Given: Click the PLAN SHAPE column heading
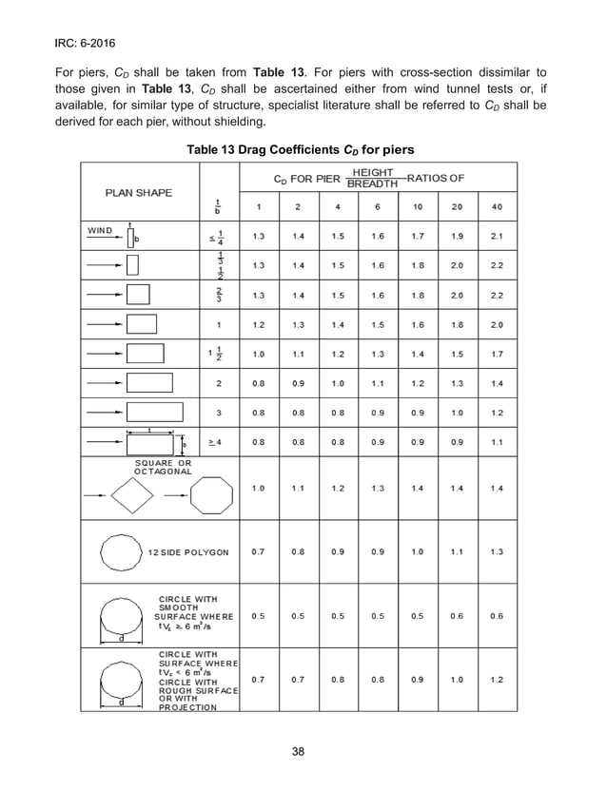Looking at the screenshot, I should (139, 193).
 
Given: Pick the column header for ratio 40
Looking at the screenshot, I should (497, 206).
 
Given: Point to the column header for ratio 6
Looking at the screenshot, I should (378, 206).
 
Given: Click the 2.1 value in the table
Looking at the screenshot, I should (497, 235).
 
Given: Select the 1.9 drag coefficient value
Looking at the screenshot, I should (457, 235).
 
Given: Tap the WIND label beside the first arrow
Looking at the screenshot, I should (100, 230).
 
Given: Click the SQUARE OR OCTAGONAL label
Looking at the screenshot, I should (162, 467).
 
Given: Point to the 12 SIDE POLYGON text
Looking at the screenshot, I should (188, 552).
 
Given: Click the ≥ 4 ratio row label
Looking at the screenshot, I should (219, 442).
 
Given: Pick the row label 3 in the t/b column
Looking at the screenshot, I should (219, 413).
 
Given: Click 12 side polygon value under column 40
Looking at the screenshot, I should (497, 551).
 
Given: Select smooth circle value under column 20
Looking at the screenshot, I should (457, 615).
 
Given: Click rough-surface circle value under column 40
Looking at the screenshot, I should (497, 680).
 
